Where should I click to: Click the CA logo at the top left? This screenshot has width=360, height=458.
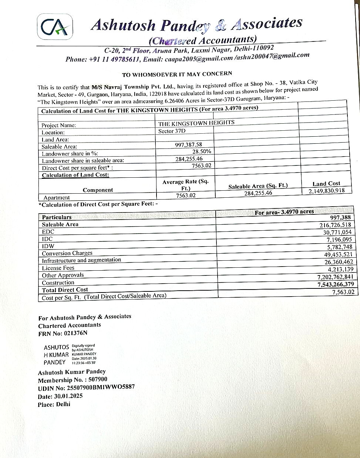pos(55,27)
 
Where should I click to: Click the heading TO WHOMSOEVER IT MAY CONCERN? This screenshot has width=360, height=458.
pos(177,74)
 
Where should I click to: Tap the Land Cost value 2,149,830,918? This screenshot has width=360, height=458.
pos(327,191)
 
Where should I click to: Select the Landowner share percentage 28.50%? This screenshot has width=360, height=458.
pos(202,151)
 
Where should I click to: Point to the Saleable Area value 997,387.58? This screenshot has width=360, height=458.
pos(189,144)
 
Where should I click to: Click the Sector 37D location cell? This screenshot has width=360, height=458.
pos(172,131)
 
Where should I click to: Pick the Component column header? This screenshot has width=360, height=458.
pos(98,190)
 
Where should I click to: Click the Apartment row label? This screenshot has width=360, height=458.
pos(57,198)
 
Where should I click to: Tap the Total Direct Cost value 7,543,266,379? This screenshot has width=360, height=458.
pos(336,284)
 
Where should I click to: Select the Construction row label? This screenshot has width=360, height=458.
pos(58,283)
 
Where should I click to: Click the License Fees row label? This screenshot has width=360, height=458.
pos(58,268)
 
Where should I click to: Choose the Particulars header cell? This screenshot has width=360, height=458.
pos(57,217)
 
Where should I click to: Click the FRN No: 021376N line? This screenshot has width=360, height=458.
pos(63,334)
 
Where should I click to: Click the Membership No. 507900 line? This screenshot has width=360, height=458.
pos(73,380)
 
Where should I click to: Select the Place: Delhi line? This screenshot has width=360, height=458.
pos(54,404)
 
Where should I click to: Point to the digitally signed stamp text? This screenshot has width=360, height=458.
pos(84,354)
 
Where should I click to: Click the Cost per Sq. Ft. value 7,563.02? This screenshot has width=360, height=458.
pos(343,292)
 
